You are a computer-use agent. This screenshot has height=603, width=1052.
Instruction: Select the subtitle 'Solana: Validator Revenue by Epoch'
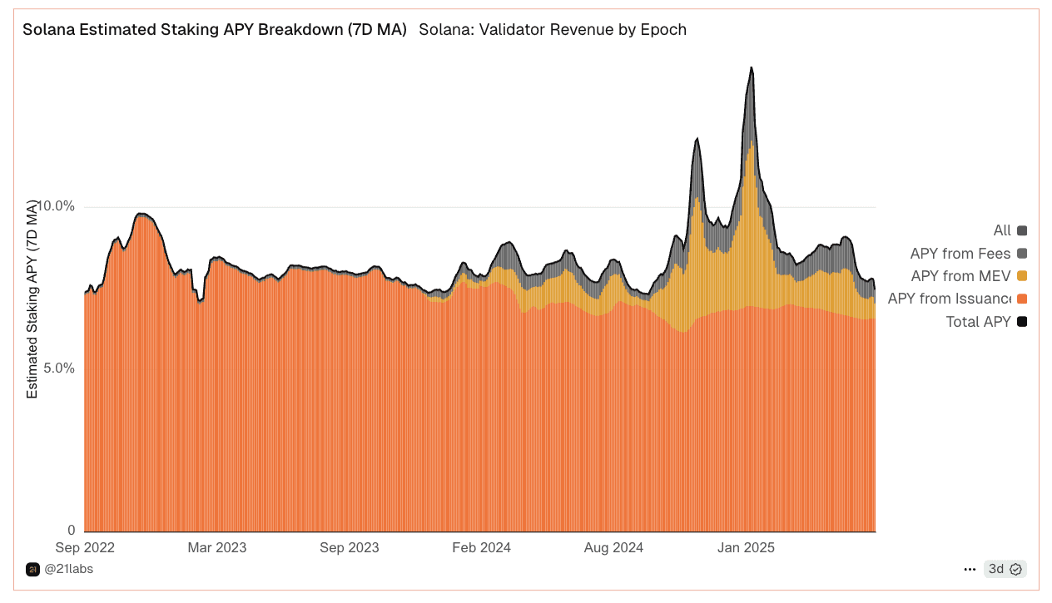point(553,30)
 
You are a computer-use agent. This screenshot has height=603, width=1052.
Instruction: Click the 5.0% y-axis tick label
point(59,368)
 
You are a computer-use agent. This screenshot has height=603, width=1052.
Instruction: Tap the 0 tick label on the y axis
point(72,531)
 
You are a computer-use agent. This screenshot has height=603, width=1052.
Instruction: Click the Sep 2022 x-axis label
point(85,547)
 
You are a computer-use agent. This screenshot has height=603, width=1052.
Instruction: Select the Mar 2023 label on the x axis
point(217,547)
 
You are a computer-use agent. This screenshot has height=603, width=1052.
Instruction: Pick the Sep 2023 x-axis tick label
point(350,547)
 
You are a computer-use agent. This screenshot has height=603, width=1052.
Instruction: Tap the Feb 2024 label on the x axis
point(481,547)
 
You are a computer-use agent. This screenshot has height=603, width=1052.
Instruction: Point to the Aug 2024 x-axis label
point(613,547)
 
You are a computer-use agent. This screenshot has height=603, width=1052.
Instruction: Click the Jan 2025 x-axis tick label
point(746,547)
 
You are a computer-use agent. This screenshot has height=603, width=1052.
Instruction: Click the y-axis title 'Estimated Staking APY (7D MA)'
point(32,299)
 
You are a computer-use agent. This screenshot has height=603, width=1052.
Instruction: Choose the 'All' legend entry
point(1010,230)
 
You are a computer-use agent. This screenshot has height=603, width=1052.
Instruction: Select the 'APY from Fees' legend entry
point(969,254)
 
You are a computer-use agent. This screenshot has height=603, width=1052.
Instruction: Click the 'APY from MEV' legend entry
point(969,276)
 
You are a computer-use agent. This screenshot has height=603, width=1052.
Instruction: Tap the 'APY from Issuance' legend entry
point(957,299)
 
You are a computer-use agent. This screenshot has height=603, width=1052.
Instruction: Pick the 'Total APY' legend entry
point(986,321)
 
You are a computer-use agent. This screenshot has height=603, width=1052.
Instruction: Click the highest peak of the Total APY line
point(752,67)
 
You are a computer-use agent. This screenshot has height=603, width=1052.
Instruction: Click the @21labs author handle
point(68,569)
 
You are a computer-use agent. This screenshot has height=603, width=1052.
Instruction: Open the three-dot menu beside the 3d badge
point(970,569)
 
